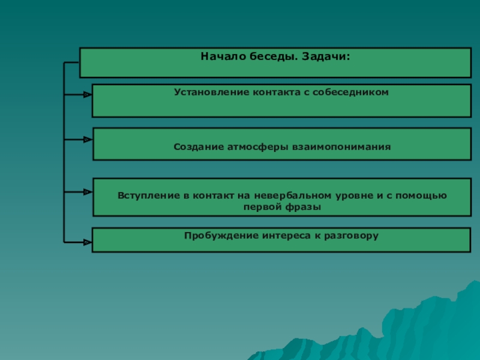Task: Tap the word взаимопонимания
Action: click(341, 146)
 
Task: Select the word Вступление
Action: click(149, 196)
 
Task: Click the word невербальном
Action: click(292, 196)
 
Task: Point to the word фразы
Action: click(308, 206)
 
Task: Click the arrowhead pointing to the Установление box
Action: click(88, 94)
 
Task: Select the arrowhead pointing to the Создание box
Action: click(88, 139)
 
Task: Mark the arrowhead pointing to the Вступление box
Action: click(88, 192)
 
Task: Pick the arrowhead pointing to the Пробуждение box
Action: click(88, 242)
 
